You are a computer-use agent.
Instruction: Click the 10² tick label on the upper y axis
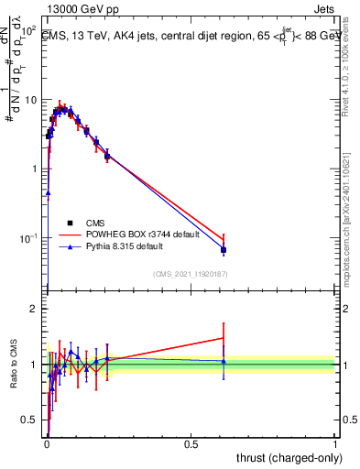point(27,30)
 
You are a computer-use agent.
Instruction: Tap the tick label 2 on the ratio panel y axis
point(33,309)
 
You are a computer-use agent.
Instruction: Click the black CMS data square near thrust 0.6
point(224,250)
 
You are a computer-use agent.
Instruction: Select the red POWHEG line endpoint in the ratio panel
point(224,338)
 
